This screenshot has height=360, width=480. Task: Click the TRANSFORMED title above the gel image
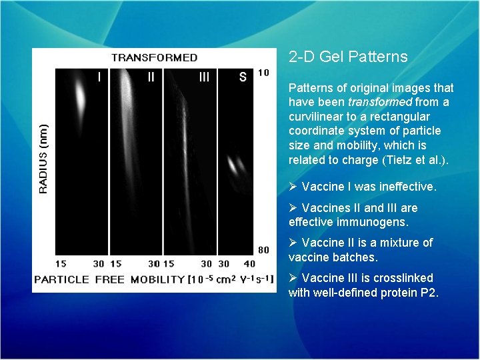tap(154, 58)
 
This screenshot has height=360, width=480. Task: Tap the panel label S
tap(243, 77)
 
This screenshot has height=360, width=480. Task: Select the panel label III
tap(204, 77)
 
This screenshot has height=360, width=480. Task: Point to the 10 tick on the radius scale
tap(263, 72)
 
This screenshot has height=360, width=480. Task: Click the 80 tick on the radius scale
tap(263, 250)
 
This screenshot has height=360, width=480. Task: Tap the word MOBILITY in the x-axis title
tap(157, 279)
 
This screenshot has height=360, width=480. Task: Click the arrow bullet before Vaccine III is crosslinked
tap(293, 278)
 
